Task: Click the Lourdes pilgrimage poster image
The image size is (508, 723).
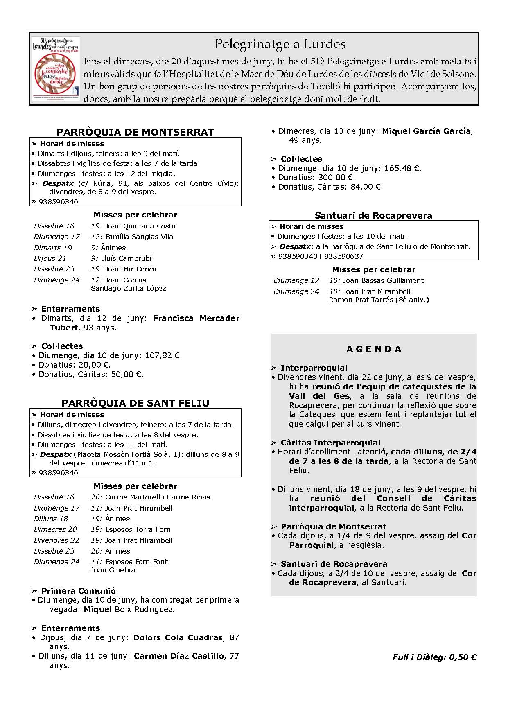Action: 56,69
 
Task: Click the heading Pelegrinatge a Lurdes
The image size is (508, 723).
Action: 280,44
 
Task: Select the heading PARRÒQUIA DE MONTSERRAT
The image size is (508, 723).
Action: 135,132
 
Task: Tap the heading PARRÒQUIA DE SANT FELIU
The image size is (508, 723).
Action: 135,403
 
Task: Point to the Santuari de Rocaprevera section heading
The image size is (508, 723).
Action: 373,215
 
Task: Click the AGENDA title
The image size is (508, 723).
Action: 374,349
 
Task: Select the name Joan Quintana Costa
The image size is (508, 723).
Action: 140,226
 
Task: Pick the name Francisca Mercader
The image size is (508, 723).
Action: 196,318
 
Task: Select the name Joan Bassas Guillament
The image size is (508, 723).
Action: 383,280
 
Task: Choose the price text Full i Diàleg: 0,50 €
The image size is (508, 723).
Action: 434,657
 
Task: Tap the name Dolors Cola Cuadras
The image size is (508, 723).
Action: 178,637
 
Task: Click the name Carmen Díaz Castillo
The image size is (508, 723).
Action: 179,656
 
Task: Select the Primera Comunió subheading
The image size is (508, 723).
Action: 78,591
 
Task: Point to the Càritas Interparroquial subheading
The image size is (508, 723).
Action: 330,443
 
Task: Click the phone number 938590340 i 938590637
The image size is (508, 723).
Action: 321,256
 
